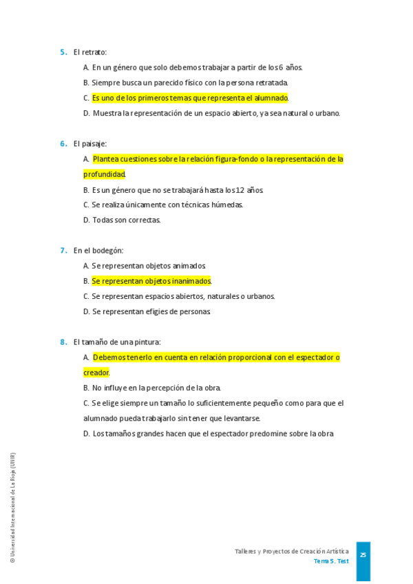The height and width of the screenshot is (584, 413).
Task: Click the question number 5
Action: (63, 52)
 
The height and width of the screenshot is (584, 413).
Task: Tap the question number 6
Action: (63, 144)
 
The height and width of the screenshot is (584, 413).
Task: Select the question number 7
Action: (63, 251)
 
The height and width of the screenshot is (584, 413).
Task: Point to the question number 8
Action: (63, 342)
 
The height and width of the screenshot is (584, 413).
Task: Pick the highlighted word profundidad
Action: (104, 174)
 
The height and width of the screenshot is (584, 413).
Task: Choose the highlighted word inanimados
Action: (188, 281)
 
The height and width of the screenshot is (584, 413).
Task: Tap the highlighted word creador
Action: (96, 373)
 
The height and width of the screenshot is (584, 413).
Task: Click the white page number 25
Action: (363, 555)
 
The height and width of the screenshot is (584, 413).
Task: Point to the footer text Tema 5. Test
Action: (331, 561)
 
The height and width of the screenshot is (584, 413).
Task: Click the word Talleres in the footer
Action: (245, 552)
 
